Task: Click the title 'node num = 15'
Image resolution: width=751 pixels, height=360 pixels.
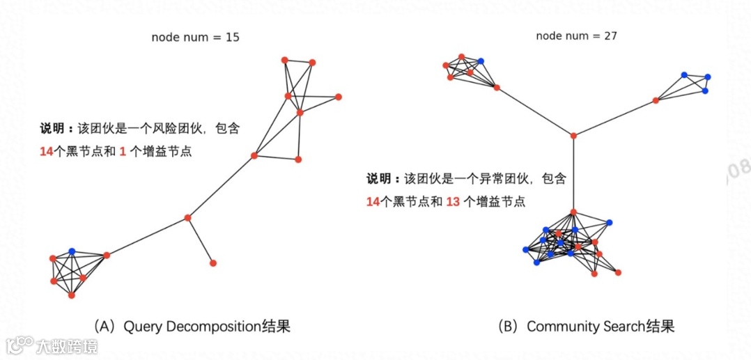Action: [x=195, y=37]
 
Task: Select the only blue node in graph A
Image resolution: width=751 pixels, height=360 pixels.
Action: [x=72, y=251]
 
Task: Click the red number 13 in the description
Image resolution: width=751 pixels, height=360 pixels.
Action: [x=453, y=202]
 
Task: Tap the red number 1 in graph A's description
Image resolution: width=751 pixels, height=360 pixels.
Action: [x=123, y=151]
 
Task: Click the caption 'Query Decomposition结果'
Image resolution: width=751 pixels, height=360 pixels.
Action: [x=206, y=326]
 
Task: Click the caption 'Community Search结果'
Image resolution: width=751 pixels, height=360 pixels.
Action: [x=601, y=326]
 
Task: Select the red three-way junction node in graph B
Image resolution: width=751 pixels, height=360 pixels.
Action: [x=573, y=135]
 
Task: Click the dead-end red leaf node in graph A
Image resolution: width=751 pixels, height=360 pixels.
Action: [x=212, y=263]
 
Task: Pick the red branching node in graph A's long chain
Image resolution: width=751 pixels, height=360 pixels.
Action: [x=187, y=218]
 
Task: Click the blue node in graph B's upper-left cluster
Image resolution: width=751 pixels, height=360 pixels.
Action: [x=481, y=61]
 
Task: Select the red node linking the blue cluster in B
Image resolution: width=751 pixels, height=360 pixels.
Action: [x=656, y=100]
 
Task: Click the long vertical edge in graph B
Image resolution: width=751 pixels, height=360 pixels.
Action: [x=573, y=174]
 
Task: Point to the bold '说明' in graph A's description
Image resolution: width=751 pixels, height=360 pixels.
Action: [x=52, y=129]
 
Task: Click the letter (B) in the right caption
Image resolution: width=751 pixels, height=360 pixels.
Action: [x=510, y=326]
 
